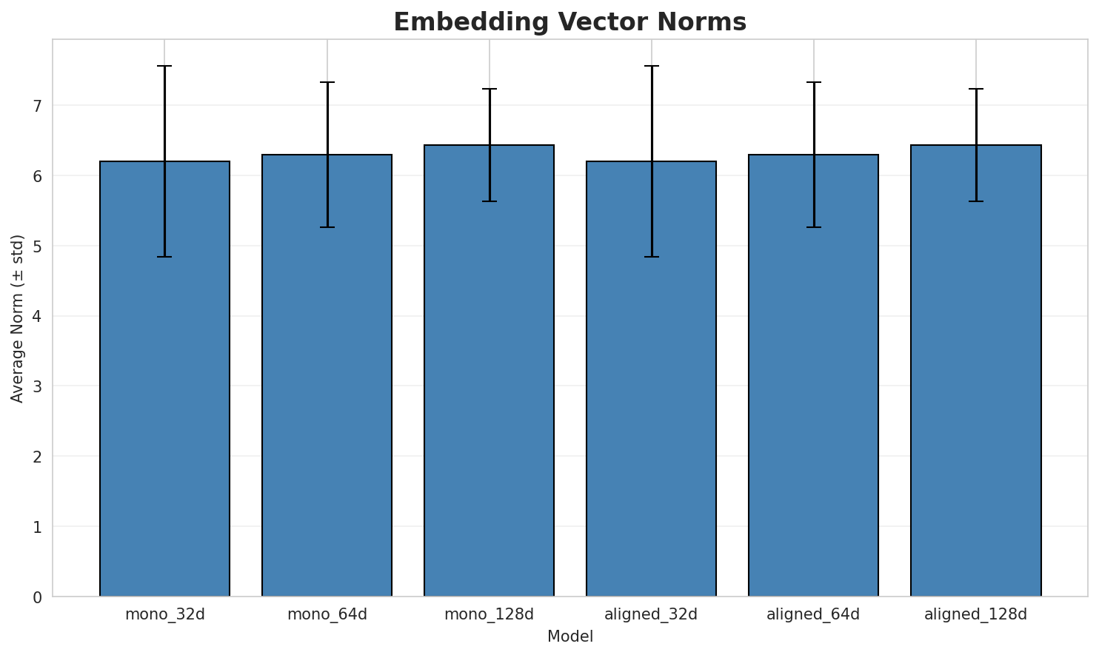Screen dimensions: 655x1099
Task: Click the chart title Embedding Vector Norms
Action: click(569, 22)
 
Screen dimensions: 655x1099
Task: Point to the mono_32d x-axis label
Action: click(164, 614)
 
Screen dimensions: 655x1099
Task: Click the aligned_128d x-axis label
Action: click(975, 614)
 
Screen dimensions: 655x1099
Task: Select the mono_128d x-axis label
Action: click(489, 614)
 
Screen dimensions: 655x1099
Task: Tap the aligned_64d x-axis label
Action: click(813, 614)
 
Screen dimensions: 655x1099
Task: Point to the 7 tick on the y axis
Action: click(37, 106)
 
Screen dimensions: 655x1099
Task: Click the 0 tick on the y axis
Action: click(37, 597)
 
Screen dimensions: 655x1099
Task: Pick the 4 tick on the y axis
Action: click(37, 317)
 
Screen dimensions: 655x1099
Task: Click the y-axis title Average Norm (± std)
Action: click(18, 318)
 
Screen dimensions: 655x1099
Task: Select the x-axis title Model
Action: click(569, 637)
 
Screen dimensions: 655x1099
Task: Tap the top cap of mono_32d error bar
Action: click(164, 66)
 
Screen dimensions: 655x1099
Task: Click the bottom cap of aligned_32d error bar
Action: click(651, 257)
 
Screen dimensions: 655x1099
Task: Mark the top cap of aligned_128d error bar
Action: click(975, 89)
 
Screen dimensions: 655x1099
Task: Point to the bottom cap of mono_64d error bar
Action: click(327, 227)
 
